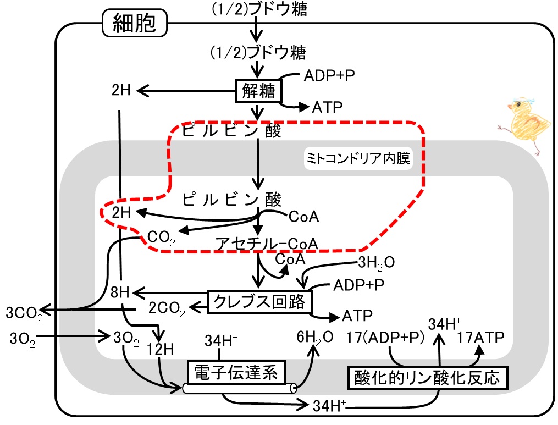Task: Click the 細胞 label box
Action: click(135, 23)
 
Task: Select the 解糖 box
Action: click(258, 91)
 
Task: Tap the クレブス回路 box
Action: click(259, 302)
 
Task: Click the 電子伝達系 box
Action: click(236, 373)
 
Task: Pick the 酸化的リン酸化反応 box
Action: click(427, 378)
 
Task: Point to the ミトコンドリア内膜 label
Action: click(358, 158)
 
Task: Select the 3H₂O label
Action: click(376, 263)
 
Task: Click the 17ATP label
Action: click(480, 338)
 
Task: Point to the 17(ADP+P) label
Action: click(385, 338)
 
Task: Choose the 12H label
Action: click(160, 349)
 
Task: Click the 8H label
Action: click(120, 292)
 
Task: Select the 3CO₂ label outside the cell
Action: click(24, 313)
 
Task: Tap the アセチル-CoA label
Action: click(267, 244)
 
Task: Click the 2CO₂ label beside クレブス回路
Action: click(167, 308)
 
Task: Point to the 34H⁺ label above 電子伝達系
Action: click(221, 341)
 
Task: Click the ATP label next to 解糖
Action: click(327, 107)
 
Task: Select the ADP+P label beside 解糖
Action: click(329, 75)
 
